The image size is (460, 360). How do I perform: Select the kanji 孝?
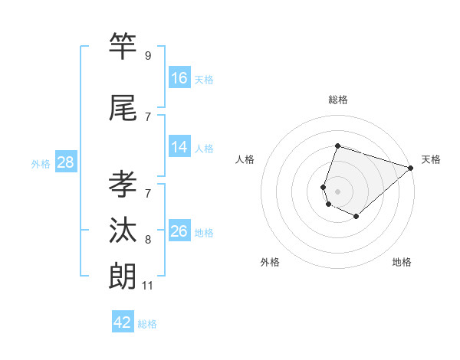[123, 185]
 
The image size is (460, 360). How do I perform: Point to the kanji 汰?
[123, 231]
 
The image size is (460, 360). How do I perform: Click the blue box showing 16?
[179, 78]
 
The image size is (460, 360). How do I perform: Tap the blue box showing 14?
[179, 147]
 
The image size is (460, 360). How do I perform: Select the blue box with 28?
[65, 162]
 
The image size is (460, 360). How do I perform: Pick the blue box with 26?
[179, 231]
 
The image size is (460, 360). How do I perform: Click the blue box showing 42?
[123, 322]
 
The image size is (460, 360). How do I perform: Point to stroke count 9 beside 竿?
[148, 56]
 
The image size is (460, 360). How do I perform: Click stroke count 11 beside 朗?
[148, 286]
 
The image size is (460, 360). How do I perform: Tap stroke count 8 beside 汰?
[148, 240]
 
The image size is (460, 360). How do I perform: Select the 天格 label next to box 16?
[204, 79]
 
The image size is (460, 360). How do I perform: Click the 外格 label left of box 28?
[40, 163]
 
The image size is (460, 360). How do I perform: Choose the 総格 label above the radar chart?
[337, 100]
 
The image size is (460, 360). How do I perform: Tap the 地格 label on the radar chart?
[402, 262]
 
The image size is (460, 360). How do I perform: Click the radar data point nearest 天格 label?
[411, 169]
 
